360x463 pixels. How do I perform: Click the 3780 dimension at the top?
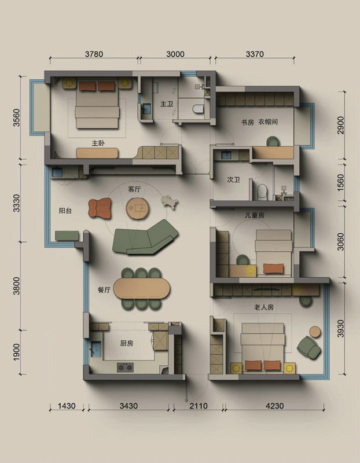pos(94,54)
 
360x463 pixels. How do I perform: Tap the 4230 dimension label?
pos(275,406)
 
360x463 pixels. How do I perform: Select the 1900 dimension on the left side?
pos(17,352)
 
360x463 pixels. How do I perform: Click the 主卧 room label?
pos(98,143)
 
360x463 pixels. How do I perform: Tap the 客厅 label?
pos(134,189)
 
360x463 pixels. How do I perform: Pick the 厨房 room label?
pos(127,343)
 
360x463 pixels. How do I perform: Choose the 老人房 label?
pos(264,307)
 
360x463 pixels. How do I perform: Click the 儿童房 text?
pos(255,215)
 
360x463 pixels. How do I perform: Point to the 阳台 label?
pos(65,211)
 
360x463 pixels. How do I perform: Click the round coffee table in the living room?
pos(137,208)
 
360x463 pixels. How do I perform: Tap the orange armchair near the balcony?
pos(100,208)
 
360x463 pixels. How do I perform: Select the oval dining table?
pos(142,288)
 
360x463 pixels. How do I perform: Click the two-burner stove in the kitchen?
pos(125,368)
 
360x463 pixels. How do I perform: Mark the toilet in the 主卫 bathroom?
pos(198,109)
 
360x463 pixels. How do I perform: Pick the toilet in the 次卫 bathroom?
pos(262,192)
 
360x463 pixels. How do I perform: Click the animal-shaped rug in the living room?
pos(170,202)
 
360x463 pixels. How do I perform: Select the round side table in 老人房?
pos(315,332)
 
